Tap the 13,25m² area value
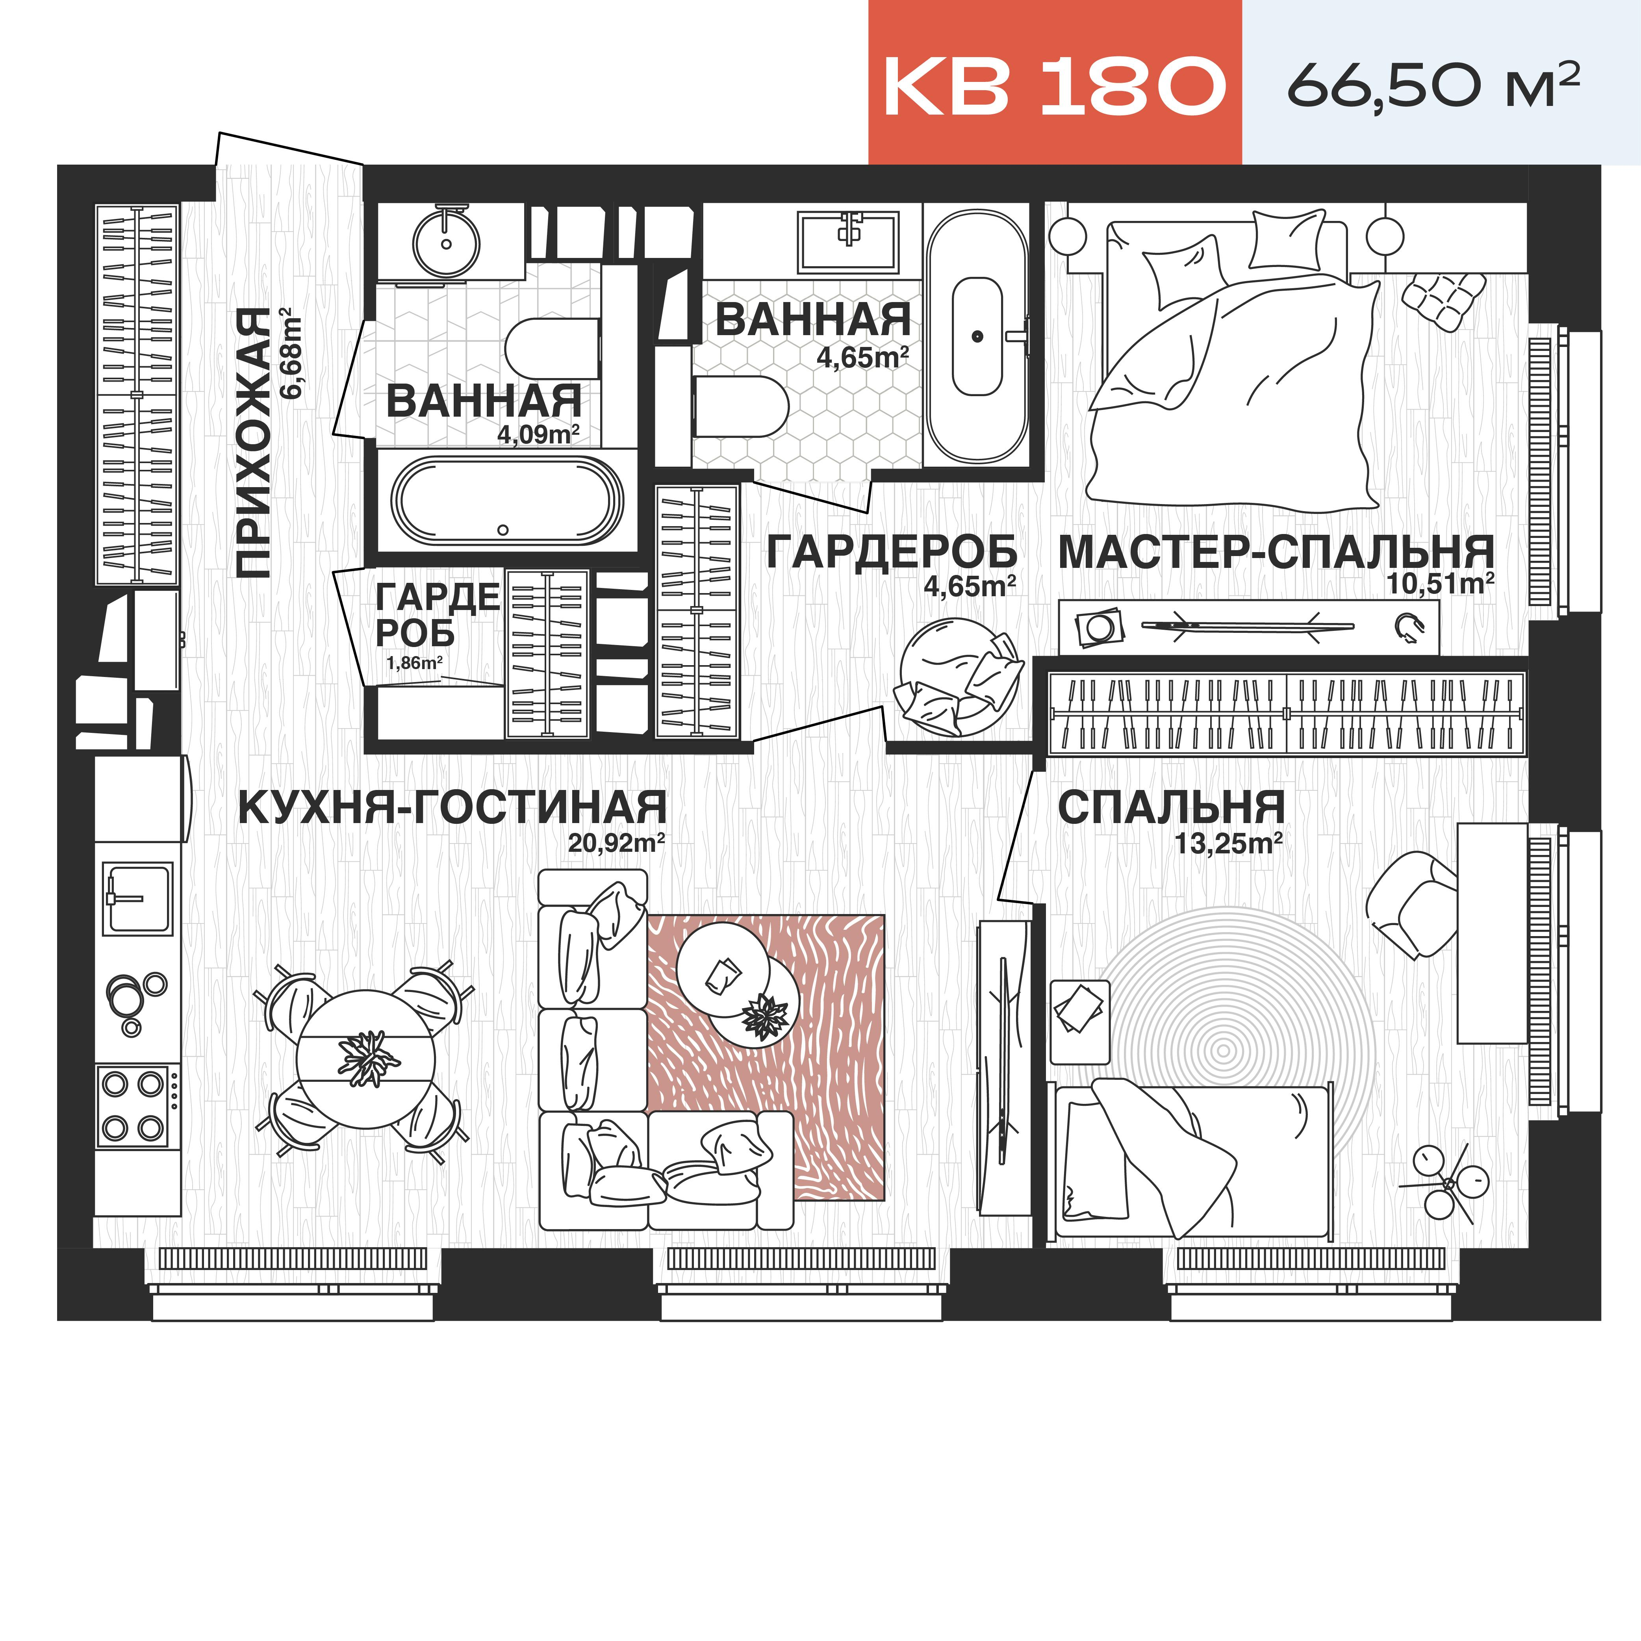coord(1228,844)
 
